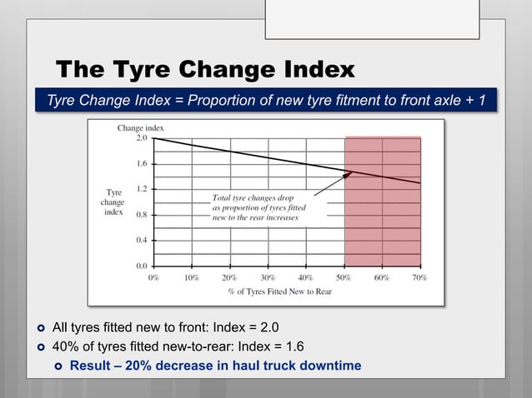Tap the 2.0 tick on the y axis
143,139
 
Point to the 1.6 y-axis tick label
143,164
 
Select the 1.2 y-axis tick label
143,189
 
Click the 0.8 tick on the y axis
143,215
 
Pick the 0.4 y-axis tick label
143,240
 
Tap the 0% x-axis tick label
154,277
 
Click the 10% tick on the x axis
191,277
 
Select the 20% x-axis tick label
229,277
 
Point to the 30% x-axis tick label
268,277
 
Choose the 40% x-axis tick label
305,277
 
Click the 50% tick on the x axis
344,277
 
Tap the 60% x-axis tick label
381,277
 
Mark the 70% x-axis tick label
419,277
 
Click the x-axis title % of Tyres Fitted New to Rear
279,291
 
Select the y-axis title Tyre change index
113,201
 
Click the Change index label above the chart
140,128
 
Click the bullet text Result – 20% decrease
215,365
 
